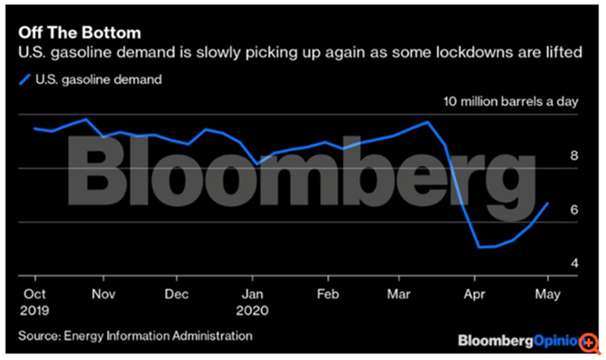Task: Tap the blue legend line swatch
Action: tap(24, 77)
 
